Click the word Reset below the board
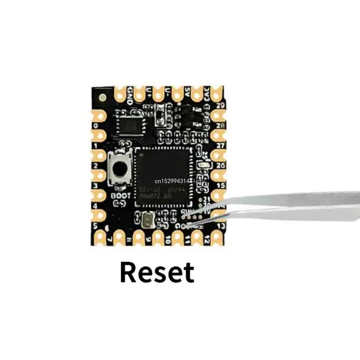pos(157,272)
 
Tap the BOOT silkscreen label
pos(120,196)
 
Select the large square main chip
pos(163,173)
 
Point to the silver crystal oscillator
pos(147,220)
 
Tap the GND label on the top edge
pos(130,94)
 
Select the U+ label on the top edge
pos(149,93)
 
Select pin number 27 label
pos(220,145)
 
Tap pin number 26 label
pos(220,165)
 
